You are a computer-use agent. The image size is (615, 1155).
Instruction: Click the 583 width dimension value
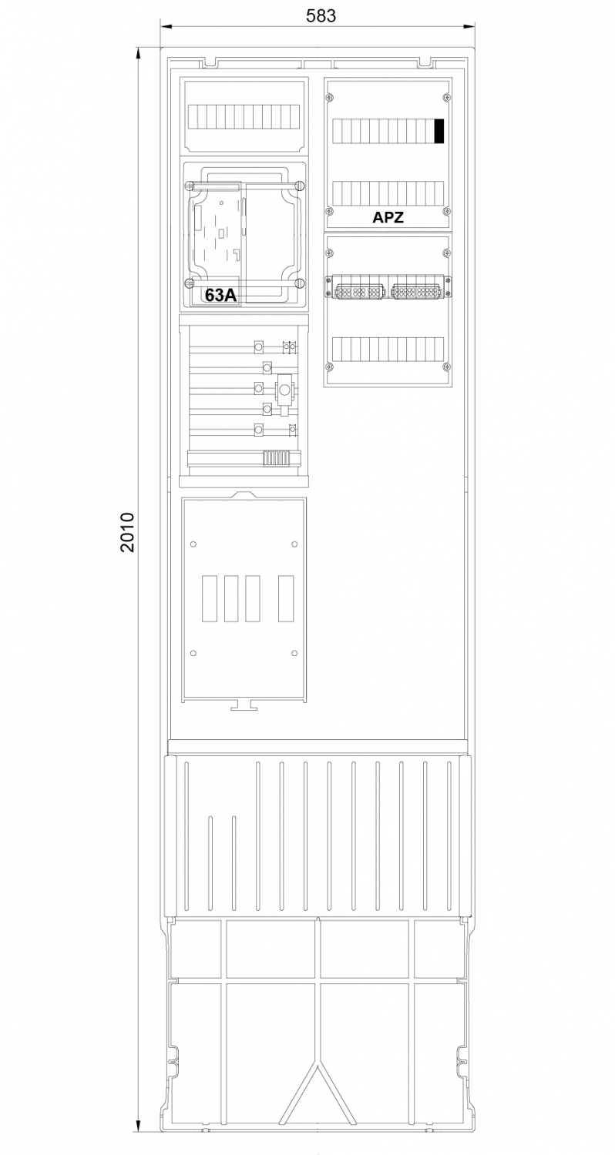pyautogui.click(x=321, y=15)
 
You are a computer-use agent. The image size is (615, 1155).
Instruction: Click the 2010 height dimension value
pyautogui.click(x=127, y=532)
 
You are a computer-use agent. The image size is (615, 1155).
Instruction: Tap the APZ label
pyautogui.click(x=388, y=217)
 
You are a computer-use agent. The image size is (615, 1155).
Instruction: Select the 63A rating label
pyautogui.click(x=221, y=295)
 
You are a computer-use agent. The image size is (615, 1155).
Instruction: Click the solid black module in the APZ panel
pyautogui.click(x=439, y=131)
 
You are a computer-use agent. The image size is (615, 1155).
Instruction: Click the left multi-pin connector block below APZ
pyautogui.click(x=358, y=292)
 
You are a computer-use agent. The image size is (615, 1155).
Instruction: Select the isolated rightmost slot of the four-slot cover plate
pyautogui.click(x=286, y=598)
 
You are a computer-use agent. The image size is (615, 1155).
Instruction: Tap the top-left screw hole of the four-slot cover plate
pyautogui.click(x=193, y=544)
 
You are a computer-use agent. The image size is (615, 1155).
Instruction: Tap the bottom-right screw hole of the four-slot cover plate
pyautogui.click(x=294, y=653)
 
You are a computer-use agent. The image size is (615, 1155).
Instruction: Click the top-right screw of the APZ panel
pyautogui.click(x=446, y=97)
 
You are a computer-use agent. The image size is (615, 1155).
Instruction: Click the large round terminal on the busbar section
pyautogui.click(x=284, y=390)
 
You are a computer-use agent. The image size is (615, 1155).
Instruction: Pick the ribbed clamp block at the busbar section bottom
pyautogui.click(x=274, y=458)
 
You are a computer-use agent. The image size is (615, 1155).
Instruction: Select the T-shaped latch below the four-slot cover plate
pyautogui.click(x=244, y=705)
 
